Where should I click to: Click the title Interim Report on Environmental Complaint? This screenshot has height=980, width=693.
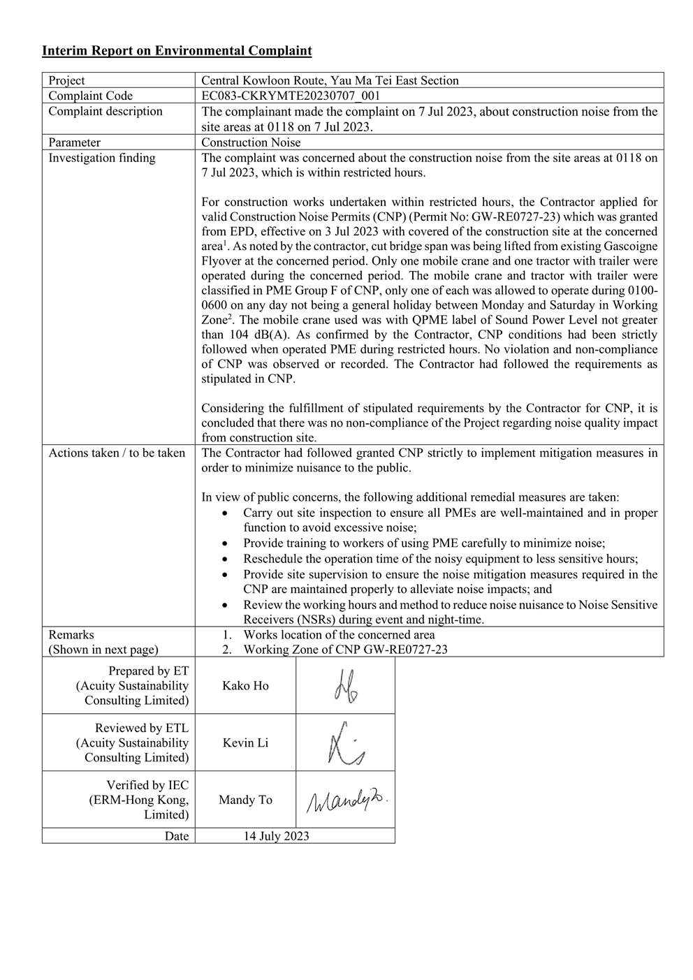point(177,51)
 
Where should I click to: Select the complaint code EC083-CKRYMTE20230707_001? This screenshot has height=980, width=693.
point(291,96)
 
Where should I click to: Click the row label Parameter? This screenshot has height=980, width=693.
point(74,142)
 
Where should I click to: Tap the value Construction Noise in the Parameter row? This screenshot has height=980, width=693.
point(251,142)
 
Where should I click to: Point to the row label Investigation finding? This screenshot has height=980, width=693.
point(102,158)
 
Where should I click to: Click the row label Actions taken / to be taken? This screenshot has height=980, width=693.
point(117,453)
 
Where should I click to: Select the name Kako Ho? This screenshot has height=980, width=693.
point(245,685)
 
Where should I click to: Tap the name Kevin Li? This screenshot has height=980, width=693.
point(245,743)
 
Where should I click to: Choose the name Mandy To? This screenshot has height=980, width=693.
point(245,800)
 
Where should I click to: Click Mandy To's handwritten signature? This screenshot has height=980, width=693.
point(346,800)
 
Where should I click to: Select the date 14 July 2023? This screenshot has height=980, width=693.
point(276,836)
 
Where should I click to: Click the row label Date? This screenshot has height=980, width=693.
point(177,836)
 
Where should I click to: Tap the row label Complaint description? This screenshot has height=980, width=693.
point(105,112)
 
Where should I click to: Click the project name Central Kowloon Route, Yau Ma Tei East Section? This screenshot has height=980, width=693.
point(330,80)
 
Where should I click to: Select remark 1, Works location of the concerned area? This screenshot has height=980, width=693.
point(339,635)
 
